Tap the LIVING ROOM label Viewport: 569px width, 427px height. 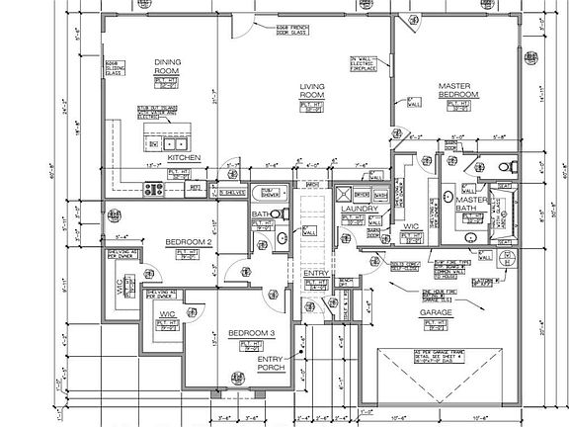pyautogui.click(x=312, y=92)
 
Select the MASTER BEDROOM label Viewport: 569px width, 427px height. pyautogui.click(x=458, y=90)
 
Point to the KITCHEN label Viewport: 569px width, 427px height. pyautogui.click(x=184, y=158)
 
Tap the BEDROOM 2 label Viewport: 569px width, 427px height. pyautogui.click(x=185, y=241)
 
